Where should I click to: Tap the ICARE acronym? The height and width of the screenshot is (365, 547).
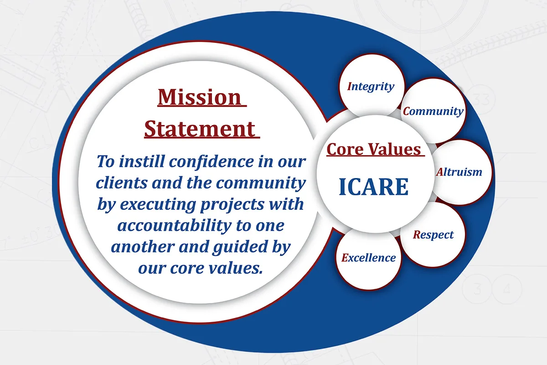[373, 187]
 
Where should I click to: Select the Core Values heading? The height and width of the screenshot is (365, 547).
[374, 149]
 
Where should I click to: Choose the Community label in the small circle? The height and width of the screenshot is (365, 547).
[433, 111]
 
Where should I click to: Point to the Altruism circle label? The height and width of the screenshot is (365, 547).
[459, 172]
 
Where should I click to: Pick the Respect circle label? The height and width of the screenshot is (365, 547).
[433, 235]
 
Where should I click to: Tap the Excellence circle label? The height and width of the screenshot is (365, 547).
[369, 258]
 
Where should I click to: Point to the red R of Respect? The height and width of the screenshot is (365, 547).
[416, 235]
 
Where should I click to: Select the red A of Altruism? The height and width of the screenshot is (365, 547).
[439, 172]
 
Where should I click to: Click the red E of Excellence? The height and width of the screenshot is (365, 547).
[345, 258]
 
